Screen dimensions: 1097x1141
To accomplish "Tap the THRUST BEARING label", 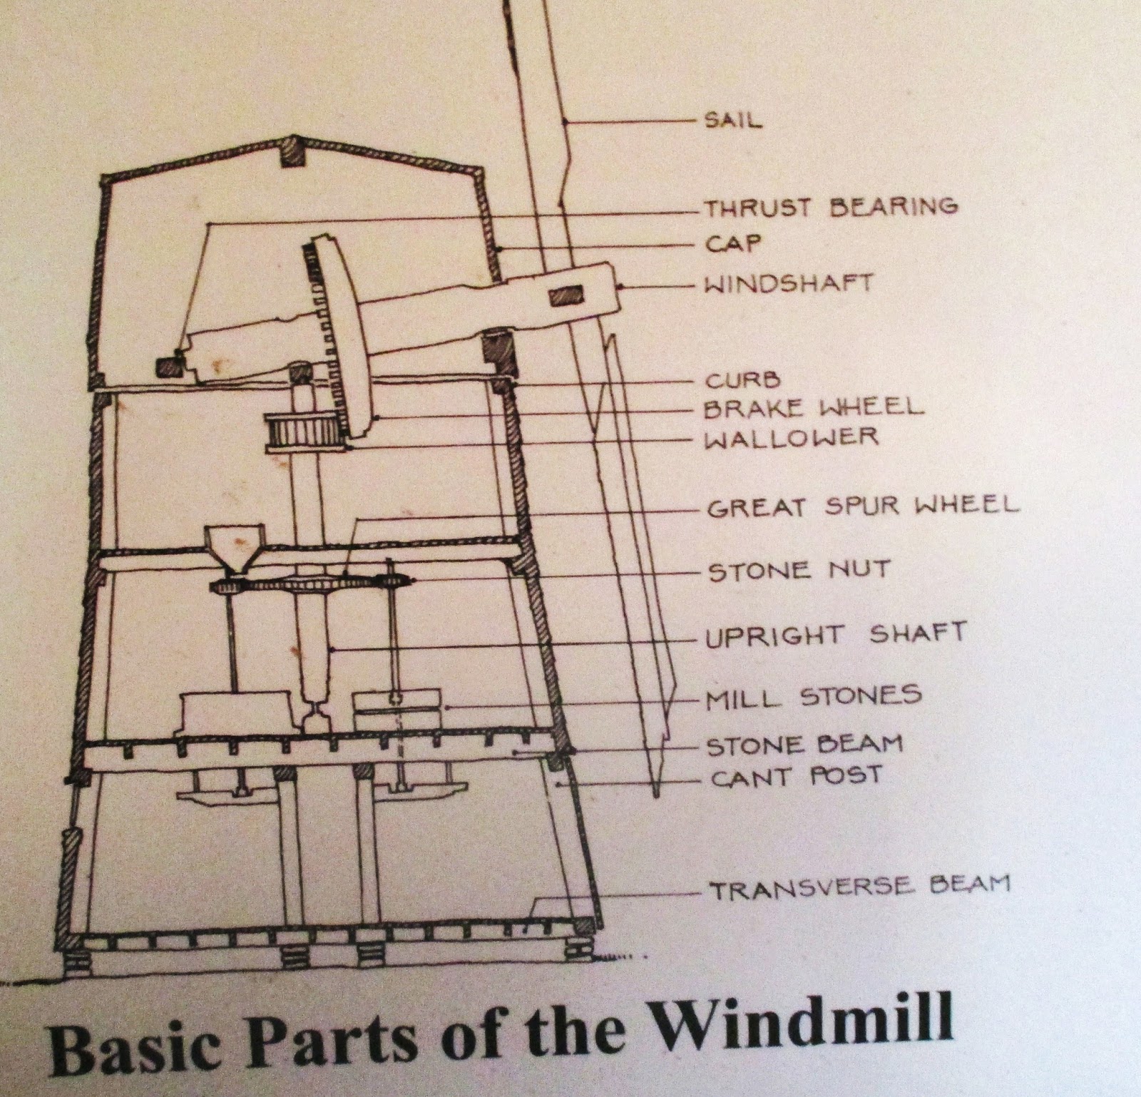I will (831, 207).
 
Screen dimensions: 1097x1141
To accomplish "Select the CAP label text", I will (732, 245).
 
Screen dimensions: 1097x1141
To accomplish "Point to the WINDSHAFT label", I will (788, 284).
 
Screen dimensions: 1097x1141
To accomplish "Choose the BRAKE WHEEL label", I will (813, 408).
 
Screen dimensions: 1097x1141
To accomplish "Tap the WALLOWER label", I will (791, 437).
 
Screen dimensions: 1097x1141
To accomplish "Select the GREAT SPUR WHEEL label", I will (863, 507).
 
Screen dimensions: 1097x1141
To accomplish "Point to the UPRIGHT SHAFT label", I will (836, 635).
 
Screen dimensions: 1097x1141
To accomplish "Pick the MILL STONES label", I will (814, 696).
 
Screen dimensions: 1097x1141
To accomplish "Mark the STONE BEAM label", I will (804, 745).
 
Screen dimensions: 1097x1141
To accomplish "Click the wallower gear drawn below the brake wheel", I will (303, 432).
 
